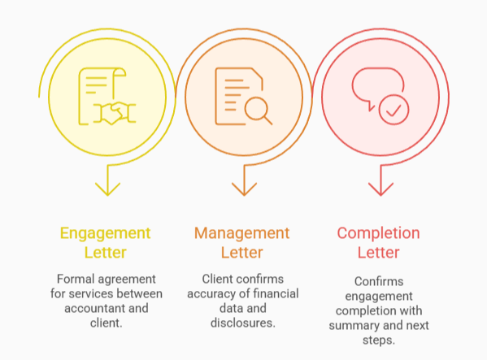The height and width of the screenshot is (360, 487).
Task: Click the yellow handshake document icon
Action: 106,96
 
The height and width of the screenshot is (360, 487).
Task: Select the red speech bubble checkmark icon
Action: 380,96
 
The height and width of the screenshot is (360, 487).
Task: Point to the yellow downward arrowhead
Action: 106,189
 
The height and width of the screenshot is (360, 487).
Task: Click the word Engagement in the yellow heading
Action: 106,233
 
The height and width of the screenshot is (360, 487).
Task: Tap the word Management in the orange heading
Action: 241,233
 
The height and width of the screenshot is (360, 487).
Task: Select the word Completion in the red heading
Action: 378,233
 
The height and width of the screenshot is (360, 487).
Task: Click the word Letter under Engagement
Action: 106,253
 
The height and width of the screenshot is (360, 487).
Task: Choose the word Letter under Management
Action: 241,253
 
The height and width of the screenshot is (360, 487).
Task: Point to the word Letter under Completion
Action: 378,253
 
